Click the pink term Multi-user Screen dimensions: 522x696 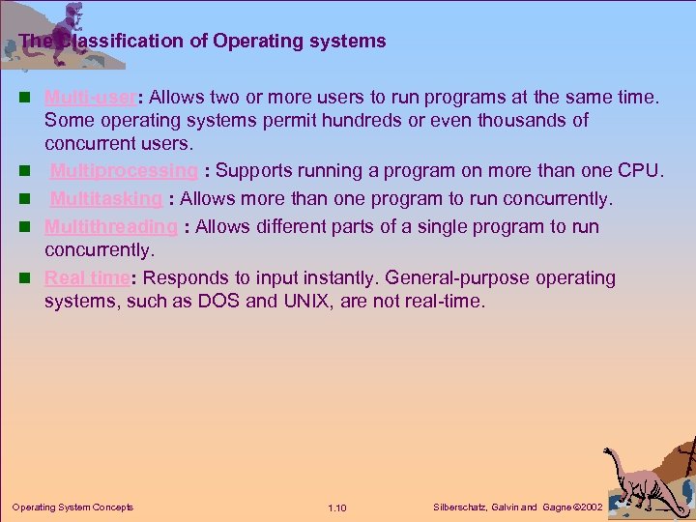tap(79, 97)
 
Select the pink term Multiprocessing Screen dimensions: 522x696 tap(124, 171)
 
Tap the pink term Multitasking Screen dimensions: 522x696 tap(106, 199)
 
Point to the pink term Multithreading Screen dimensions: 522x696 tap(111, 227)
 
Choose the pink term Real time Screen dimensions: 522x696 tap(87, 278)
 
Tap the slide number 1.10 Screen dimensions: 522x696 tap(337, 507)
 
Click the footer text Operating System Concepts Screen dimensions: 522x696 tap(72, 507)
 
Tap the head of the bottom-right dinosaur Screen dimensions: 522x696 tap(610, 453)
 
